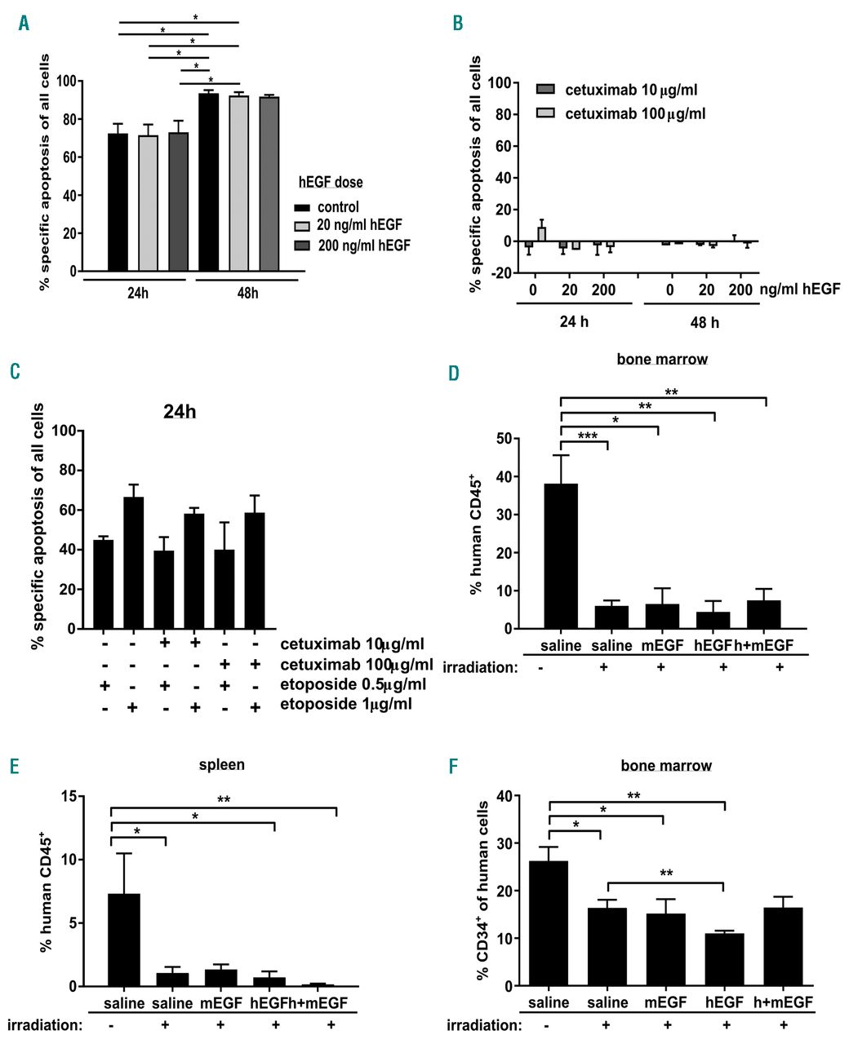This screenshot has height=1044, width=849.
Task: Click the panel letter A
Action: [x=24, y=24]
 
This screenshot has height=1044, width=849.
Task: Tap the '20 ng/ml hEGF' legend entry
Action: [x=360, y=225]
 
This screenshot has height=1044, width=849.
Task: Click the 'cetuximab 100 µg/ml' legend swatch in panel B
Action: [x=545, y=113]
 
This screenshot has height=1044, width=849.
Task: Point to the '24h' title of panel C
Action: [x=180, y=412]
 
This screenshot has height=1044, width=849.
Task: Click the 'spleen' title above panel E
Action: [x=221, y=765]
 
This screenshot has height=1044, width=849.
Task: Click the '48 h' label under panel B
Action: [x=705, y=322]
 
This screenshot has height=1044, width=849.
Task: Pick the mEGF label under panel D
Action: [x=660, y=646]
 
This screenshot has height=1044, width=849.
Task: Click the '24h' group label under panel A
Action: [x=137, y=292]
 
